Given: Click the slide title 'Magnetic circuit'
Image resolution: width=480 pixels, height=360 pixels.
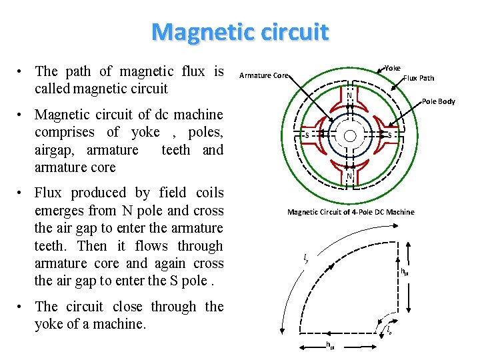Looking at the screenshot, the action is click(240, 31).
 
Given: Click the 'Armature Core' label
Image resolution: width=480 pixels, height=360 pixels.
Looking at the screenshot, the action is click(263, 75).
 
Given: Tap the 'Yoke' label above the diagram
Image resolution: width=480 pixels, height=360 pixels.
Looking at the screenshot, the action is click(393, 67).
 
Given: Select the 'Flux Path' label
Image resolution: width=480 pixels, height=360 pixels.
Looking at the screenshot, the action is click(419, 78).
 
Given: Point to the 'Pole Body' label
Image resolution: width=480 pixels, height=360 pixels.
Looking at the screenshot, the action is click(439, 101).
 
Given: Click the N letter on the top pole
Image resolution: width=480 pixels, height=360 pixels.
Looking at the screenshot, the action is click(349, 95).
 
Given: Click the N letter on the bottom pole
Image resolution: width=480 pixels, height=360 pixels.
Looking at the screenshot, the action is click(349, 176).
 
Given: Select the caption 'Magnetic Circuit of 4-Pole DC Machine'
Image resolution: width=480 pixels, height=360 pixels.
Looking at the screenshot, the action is click(351, 212).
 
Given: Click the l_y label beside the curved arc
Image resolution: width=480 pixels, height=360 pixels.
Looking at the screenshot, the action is click(305, 258).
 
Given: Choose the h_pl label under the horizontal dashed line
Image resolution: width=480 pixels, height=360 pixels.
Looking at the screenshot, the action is click(329, 345).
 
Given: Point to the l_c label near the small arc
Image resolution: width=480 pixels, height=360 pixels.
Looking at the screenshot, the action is click(389, 329).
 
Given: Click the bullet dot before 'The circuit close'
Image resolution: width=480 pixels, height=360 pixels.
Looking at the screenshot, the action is click(22, 308).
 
